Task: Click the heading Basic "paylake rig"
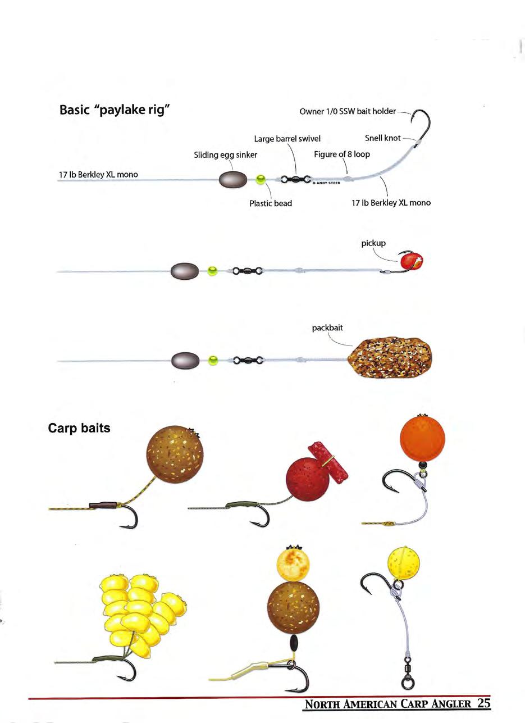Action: [115, 110]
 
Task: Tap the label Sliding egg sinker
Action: [225, 155]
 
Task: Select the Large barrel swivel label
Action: [287, 139]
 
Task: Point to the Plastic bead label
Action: [271, 203]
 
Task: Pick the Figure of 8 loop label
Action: [341, 154]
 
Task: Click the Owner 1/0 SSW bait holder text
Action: [348, 111]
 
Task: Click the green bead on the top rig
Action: [261, 180]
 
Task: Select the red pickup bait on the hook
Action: [410, 261]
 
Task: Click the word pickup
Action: [373, 243]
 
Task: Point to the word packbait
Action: [327, 328]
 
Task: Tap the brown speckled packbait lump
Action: [391, 358]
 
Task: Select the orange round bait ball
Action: [422, 438]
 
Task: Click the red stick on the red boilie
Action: [328, 462]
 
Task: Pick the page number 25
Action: [484, 703]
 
